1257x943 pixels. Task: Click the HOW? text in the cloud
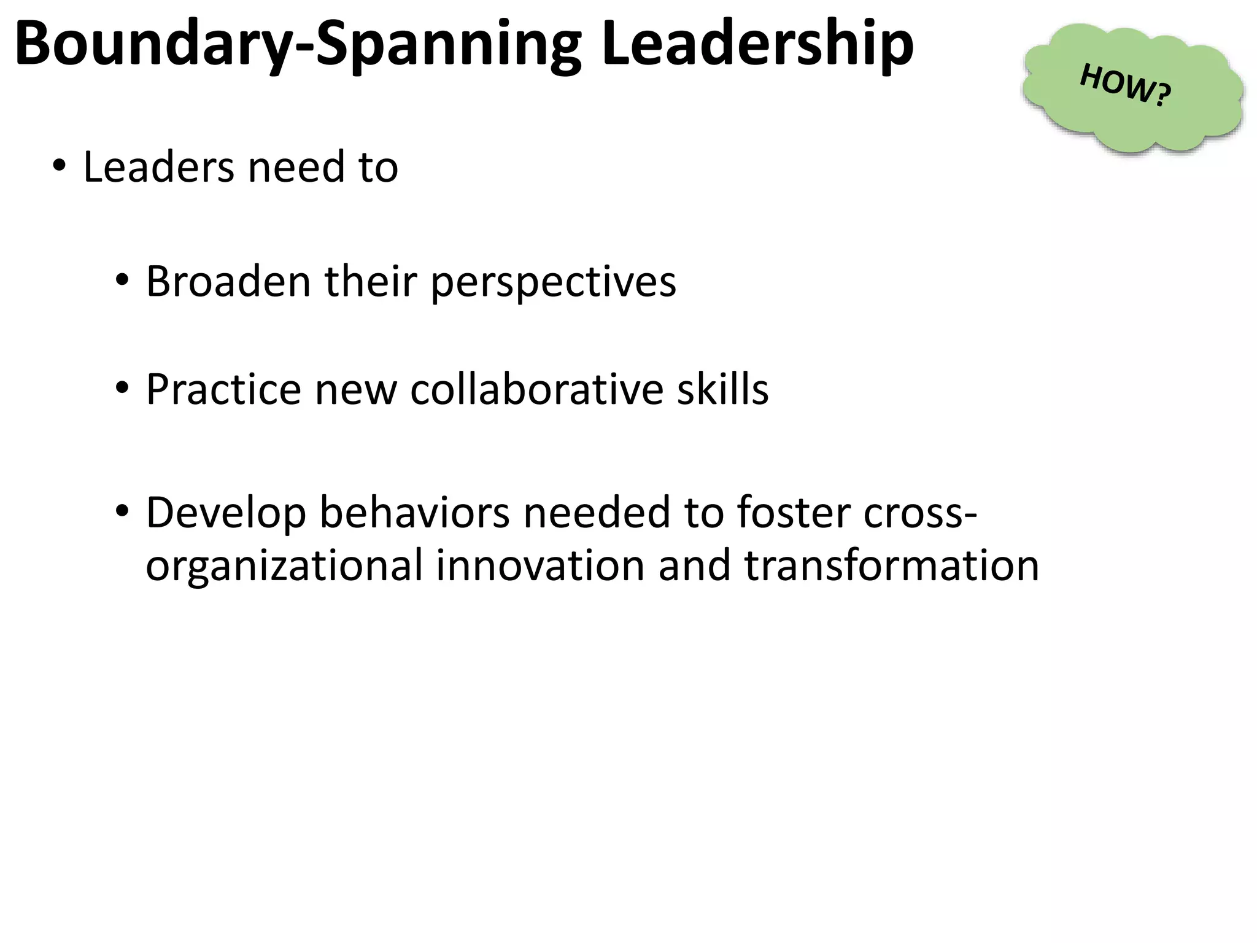(x=1125, y=85)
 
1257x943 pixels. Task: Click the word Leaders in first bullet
(x=158, y=167)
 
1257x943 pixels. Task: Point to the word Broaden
(x=228, y=282)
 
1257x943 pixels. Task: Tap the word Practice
(x=223, y=389)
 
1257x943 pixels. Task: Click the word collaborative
(x=536, y=389)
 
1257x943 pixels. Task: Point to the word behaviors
(x=414, y=513)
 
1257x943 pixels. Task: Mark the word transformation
(x=892, y=565)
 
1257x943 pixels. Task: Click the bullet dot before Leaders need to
(x=59, y=166)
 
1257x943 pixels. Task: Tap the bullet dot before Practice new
(x=122, y=388)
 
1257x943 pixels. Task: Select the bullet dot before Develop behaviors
(x=122, y=511)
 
